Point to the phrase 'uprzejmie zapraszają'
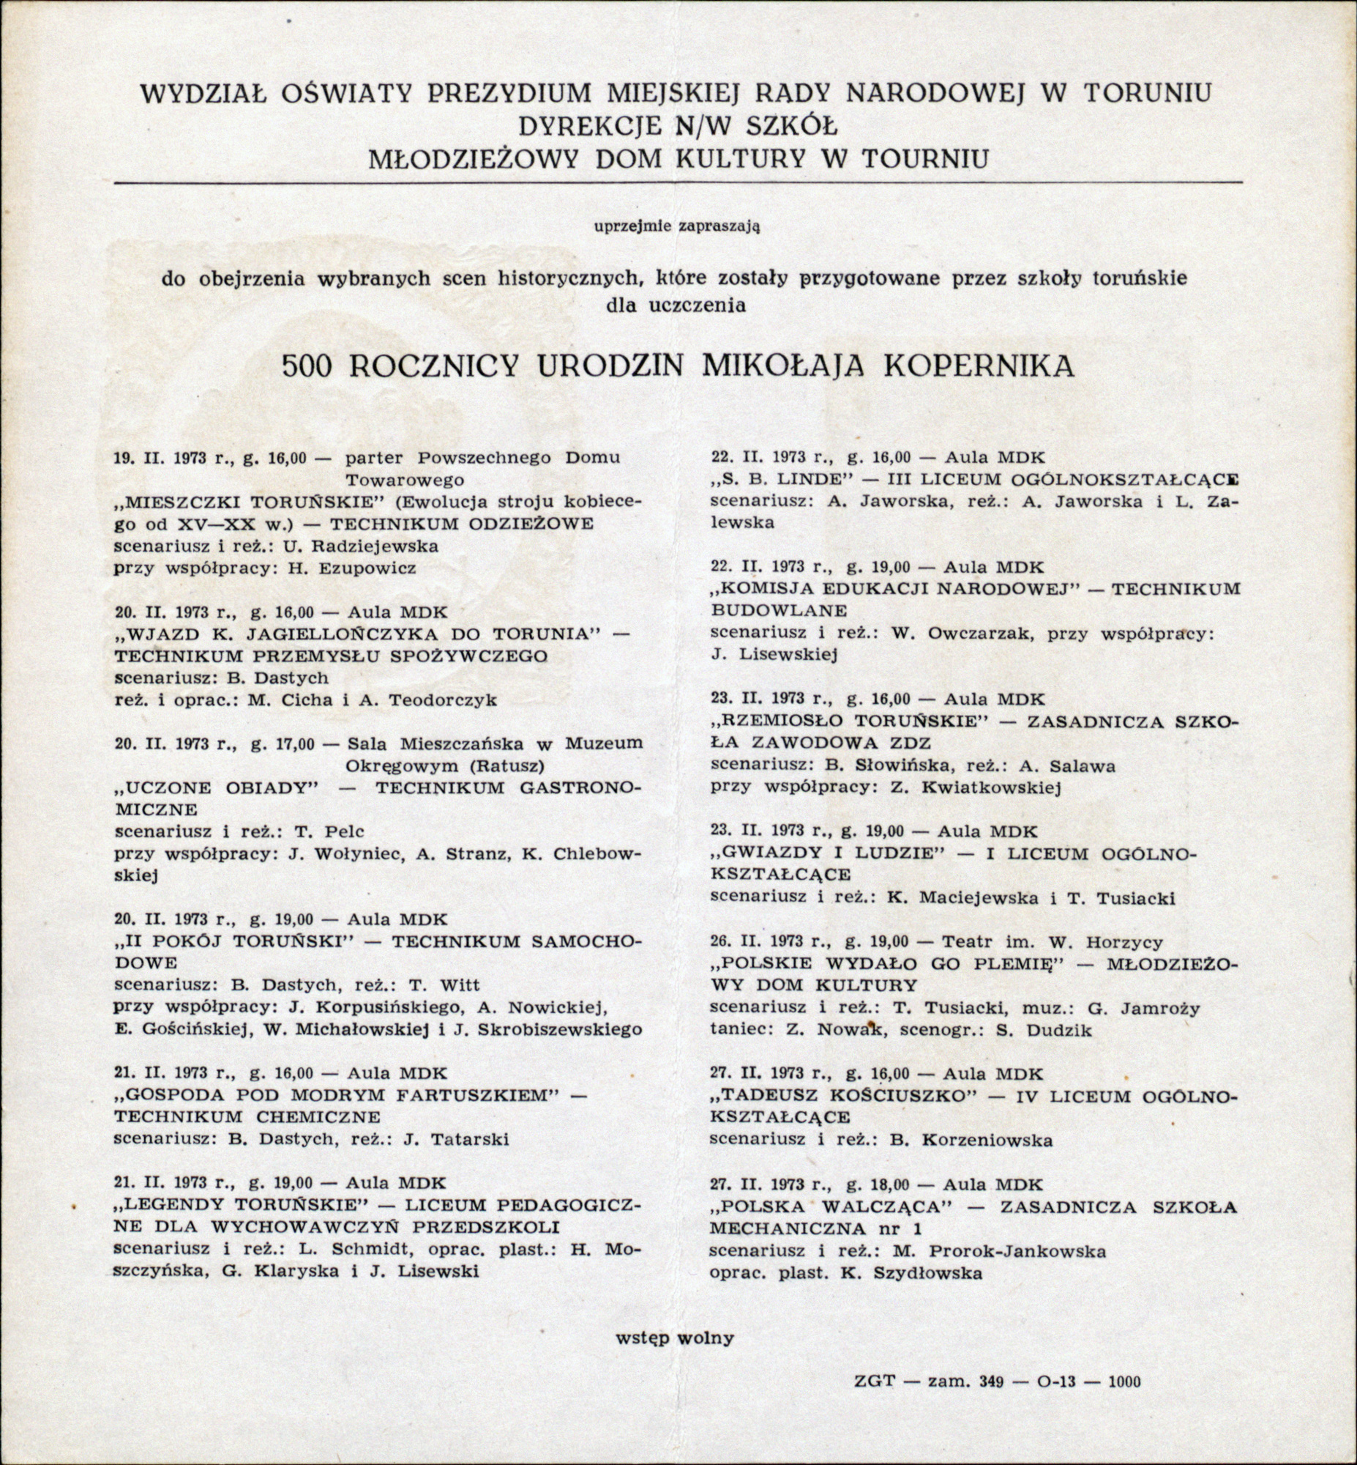click(x=676, y=227)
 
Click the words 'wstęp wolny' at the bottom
click(x=675, y=1338)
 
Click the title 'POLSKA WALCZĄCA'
click(x=832, y=1207)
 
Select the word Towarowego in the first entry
click(x=405, y=480)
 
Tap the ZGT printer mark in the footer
click(x=875, y=1381)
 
